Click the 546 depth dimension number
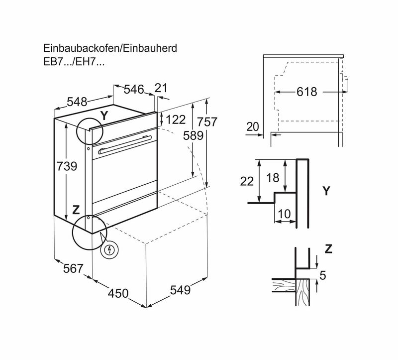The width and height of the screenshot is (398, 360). click(134, 90)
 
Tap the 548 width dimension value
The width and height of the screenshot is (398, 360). click(77, 102)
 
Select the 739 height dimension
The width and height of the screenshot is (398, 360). click(67, 166)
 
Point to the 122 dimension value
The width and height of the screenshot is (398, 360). click(176, 120)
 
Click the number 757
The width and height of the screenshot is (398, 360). click(207, 121)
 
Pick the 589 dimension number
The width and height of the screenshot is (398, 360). click(194, 135)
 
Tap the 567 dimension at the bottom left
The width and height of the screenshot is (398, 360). click(73, 268)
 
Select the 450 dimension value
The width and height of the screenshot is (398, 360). click(118, 293)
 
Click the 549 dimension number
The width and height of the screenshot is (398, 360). click(180, 290)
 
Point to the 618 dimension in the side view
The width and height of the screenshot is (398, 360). click(307, 92)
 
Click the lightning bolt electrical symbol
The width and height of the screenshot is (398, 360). click(109, 250)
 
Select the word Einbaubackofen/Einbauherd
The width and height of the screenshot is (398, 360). click(110, 48)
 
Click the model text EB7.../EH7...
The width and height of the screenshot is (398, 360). click(74, 62)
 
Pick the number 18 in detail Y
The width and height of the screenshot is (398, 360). click(273, 178)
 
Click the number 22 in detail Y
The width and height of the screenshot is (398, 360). click(247, 181)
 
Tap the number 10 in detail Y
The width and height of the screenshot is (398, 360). click(284, 214)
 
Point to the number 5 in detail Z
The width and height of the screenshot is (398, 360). click(322, 275)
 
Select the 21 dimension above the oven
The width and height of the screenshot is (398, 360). click(161, 88)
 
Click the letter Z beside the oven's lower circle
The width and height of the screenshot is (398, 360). click(76, 210)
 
